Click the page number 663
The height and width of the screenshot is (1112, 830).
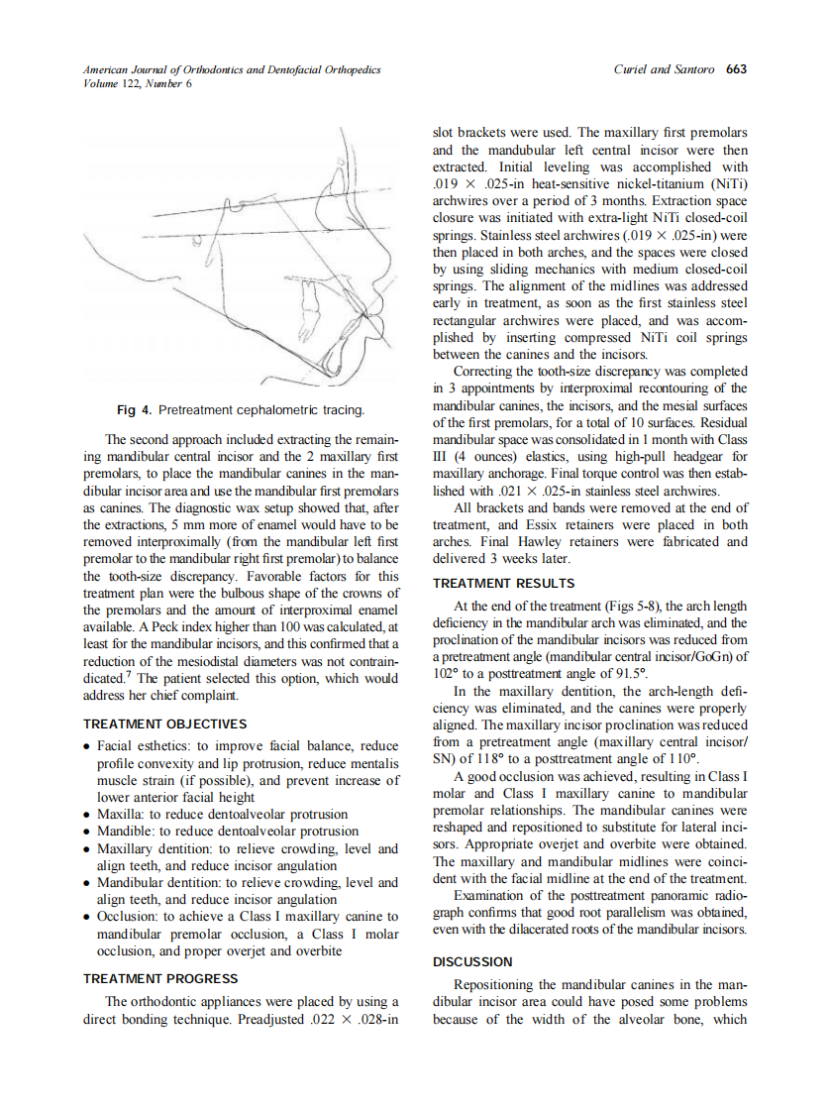click(x=736, y=69)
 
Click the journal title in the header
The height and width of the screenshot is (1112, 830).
click(x=232, y=69)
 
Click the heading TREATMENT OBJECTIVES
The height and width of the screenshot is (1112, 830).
click(x=164, y=724)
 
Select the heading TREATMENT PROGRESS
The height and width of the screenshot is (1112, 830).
click(x=160, y=978)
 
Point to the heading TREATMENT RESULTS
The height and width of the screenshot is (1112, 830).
click(x=503, y=584)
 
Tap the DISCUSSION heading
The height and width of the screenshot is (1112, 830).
click(x=472, y=961)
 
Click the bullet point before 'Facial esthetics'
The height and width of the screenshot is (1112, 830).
click(x=88, y=746)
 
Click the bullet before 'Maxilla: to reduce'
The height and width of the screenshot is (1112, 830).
click(x=88, y=815)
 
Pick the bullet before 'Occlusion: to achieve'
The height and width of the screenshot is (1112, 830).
click(x=88, y=918)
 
